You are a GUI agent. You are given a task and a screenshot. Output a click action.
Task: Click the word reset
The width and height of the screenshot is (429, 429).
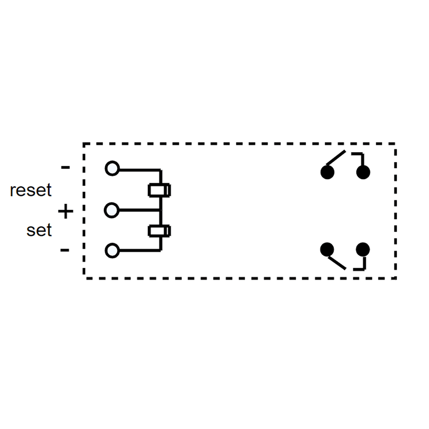pyautogui.click(x=31, y=190)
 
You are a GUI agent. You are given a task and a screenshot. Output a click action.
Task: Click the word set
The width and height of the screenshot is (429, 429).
pyautogui.click(x=39, y=230)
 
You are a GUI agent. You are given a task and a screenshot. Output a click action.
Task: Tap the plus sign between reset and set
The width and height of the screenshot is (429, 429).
pyautogui.click(x=65, y=212)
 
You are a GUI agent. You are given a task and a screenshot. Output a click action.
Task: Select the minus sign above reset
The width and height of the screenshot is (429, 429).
pyautogui.click(x=65, y=168)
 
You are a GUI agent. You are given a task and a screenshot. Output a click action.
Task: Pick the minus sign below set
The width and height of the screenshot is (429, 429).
pyautogui.click(x=65, y=250)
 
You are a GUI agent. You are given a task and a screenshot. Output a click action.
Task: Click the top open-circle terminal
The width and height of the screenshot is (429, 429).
pyautogui.click(x=112, y=168)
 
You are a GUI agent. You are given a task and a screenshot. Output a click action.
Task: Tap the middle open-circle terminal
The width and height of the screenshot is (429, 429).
pyautogui.click(x=111, y=210)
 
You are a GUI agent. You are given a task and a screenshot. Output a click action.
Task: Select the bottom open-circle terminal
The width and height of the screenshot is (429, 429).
pyautogui.click(x=112, y=251)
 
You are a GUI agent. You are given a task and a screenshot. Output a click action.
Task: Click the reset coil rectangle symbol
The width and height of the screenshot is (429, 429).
pyautogui.click(x=160, y=190)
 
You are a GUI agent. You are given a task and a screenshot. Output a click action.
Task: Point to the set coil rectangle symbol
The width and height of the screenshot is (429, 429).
pyautogui.click(x=160, y=231)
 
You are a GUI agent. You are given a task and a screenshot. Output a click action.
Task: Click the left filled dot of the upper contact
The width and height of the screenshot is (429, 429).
pyautogui.click(x=327, y=172)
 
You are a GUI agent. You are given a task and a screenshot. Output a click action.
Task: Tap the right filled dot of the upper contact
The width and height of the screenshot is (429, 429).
pyautogui.click(x=363, y=172)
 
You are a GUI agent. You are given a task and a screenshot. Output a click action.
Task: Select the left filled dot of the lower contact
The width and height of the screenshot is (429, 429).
pyautogui.click(x=327, y=249)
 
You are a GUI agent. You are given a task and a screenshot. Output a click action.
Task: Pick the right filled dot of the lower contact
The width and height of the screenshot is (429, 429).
pyautogui.click(x=363, y=250)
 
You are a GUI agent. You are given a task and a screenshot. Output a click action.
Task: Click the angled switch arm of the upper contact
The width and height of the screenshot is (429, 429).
pyautogui.click(x=336, y=157)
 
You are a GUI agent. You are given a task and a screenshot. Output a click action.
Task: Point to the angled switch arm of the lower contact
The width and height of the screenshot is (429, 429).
pyautogui.click(x=337, y=263)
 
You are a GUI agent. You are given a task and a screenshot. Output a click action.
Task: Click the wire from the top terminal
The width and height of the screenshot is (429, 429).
pyautogui.click(x=138, y=170)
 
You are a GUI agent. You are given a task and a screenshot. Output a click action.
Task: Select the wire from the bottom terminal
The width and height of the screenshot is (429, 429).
pyautogui.click(x=138, y=251)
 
